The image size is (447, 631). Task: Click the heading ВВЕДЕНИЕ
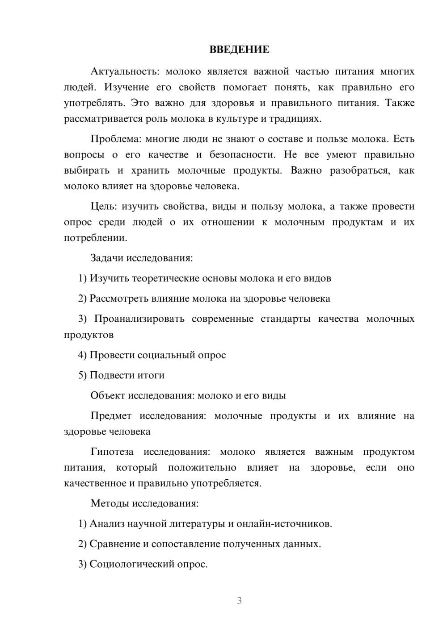click(x=239, y=50)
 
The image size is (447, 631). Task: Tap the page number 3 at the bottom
click(x=239, y=601)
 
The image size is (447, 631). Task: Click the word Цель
click(x=103, y=206)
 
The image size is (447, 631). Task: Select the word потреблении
click(x=95, y=238)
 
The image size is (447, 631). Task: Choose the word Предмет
click(x=111, y=416)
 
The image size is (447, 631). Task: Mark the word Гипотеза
click(x=112, y=452)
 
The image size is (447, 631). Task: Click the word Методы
click(x=110, y=503)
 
